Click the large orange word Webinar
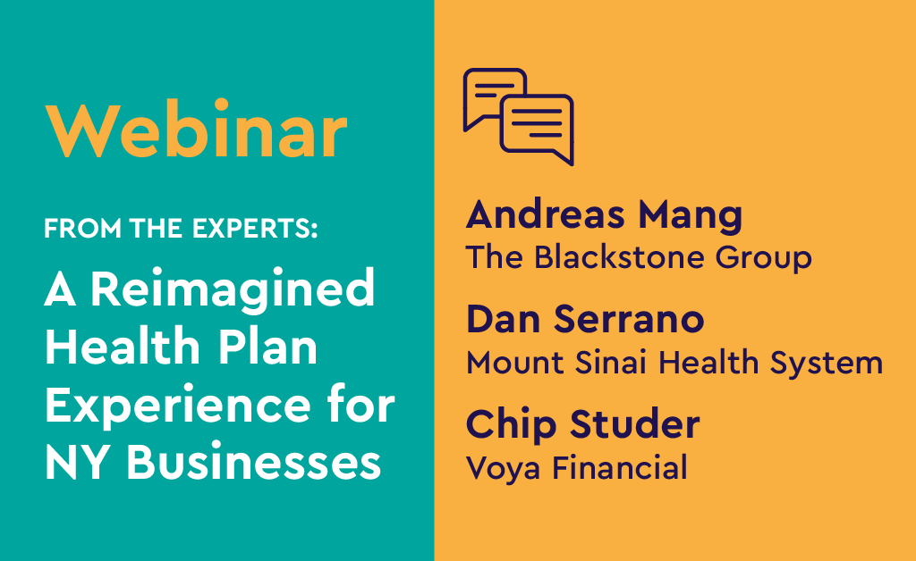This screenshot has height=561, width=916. point(197,132)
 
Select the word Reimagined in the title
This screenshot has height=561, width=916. point(231,291)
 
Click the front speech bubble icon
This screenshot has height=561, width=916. point(537,127)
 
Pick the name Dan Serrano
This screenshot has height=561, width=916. point(585,319)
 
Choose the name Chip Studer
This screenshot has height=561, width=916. point(582,424)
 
